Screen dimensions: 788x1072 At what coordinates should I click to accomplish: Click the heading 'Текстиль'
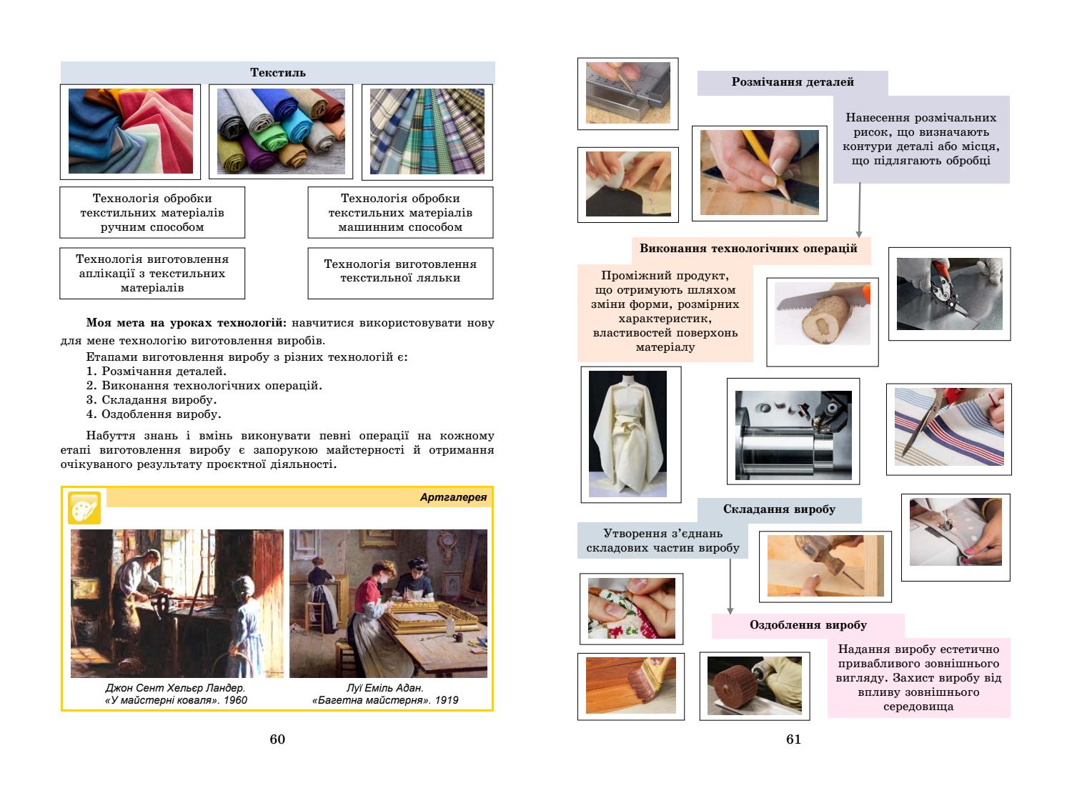click(277, 72)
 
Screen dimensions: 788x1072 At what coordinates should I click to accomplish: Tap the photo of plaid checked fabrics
click(427, 131)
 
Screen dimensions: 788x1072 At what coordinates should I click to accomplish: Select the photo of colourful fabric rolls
click(280, 131)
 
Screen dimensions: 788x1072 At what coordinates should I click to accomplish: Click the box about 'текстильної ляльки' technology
click(400, 271)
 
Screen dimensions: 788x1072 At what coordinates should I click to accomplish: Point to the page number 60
click(277, 739)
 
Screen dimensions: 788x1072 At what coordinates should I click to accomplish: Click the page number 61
click(793, 739)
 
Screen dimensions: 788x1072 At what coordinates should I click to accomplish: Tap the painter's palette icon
click(84, 508)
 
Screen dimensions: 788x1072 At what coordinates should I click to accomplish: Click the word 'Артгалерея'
click(453, 497)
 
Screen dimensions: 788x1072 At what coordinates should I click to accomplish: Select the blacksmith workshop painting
click(177, 603)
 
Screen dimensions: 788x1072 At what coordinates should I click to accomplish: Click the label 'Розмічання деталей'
click(793, 82)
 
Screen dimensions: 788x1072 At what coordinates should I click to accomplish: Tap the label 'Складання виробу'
click(779, 509)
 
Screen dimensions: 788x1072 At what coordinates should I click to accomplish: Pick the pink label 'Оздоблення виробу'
click(808, 625)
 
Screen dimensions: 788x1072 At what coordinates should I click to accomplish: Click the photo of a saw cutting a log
click(822, 321)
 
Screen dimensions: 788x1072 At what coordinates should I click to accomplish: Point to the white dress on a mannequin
click(627, 434)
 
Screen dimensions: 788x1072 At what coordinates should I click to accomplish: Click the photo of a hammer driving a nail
click(825, 566)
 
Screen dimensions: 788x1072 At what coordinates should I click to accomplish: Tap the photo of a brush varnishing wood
click(630, 685)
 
